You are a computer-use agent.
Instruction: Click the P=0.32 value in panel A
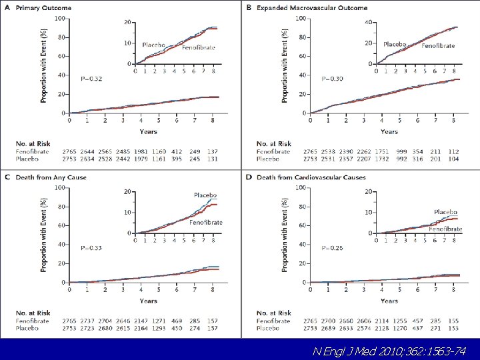pos(91,79)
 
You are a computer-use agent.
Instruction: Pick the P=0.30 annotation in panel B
pos(332,79)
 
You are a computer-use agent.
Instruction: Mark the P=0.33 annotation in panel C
pos(91,248)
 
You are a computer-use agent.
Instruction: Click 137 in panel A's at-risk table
pos(213,151)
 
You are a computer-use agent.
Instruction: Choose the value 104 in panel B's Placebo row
pos(454,159)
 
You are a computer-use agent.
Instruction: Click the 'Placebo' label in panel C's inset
pos(205,195)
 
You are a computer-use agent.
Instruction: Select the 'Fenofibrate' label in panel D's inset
pos(445,229)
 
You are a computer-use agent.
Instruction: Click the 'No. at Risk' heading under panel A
pos(33,143)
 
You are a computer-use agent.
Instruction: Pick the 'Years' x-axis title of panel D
pos(389,301)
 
